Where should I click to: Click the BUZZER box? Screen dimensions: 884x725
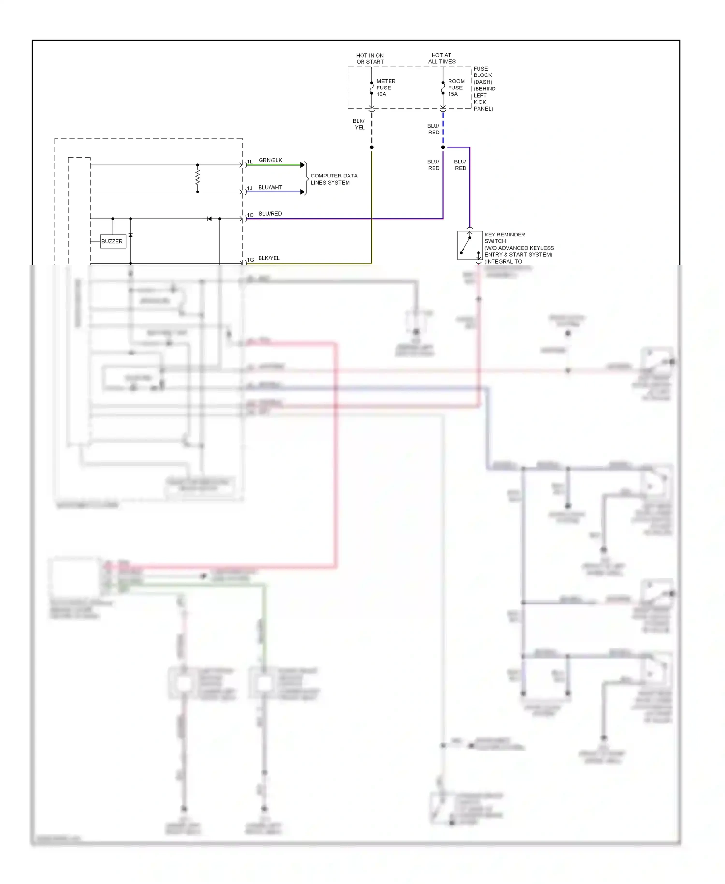click(112, 241)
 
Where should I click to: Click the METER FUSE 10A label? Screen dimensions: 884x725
click(385, 88)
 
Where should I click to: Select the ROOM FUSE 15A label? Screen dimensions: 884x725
click(456, 88)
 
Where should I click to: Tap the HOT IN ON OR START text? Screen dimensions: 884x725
click(370, 59)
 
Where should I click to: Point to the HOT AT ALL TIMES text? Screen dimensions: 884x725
click(441, 59)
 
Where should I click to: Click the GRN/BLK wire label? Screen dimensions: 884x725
click(270, 160)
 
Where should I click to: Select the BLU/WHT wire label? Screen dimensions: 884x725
click(270, 187)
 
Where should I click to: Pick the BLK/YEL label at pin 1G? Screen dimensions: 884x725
click(269, 258)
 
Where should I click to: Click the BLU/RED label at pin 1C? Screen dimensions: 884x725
click(270, 214)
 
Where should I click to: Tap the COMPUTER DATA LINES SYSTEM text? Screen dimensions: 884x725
click(333, 179)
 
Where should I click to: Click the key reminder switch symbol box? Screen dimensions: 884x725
click(469, 246)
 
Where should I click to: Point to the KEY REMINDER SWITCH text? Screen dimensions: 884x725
click(504, 238)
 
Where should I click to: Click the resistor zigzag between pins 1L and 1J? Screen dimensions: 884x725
click(197, 178)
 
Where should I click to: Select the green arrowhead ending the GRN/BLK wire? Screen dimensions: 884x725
click(303, 165)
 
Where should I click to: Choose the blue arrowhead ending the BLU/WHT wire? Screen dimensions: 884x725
click(303, 192)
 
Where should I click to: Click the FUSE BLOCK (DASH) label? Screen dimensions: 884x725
click(483, 88)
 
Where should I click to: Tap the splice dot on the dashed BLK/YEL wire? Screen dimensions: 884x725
click(371, 147)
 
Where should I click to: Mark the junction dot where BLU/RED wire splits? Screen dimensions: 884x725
click(443, 147)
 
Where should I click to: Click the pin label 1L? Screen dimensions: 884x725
click(250, 162)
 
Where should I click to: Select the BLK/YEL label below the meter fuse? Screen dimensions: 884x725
click(359, 124)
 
